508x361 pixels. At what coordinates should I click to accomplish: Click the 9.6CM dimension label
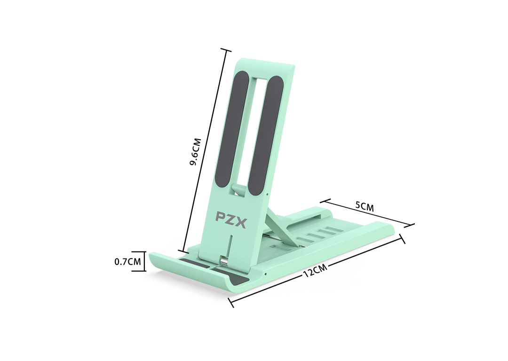(x=195, y=152)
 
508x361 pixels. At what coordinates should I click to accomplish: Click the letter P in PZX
(x=220, y=217)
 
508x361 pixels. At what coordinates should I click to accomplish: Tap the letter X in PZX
(x=241, y=223)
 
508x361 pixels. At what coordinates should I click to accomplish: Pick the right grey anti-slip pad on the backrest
(x=265, y=136)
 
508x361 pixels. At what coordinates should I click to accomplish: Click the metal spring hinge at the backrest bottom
(x=224, y=260)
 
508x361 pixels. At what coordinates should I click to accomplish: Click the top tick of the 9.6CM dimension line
(x=226, y=50)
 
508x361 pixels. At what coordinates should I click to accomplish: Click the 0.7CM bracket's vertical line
(x=144, y=261)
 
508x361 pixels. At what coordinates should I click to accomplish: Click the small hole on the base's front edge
(x=266, y=274)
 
